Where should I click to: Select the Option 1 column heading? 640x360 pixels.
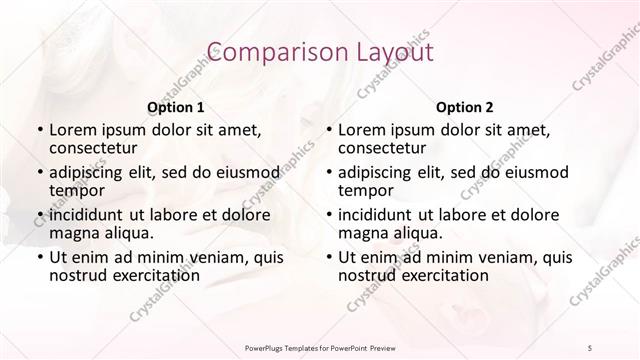click(176, 106)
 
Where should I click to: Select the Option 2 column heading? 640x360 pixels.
click(465, 106)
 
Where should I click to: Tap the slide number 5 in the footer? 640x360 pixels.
click(590, 346)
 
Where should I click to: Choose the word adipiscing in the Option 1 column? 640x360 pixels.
click(87, 172)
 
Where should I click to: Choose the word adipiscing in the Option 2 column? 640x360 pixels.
click(376, 172)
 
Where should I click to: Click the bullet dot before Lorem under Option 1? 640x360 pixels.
click(39, 131)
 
